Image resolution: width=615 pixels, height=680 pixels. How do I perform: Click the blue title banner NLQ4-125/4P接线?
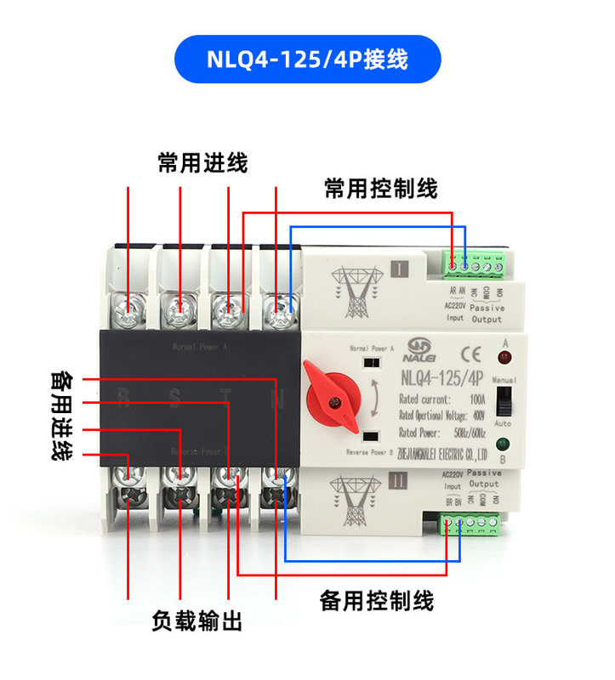click(307, 59)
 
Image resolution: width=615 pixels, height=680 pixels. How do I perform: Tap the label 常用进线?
click(202, 162)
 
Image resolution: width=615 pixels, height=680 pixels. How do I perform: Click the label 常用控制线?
click(381, 188)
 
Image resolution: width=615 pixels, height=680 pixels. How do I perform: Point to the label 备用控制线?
click(377, 601)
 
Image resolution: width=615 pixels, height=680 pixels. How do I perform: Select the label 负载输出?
click(197, 621)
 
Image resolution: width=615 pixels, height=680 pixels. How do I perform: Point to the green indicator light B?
click(504, 444)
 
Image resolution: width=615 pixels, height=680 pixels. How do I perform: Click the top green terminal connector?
click(475, 266)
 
